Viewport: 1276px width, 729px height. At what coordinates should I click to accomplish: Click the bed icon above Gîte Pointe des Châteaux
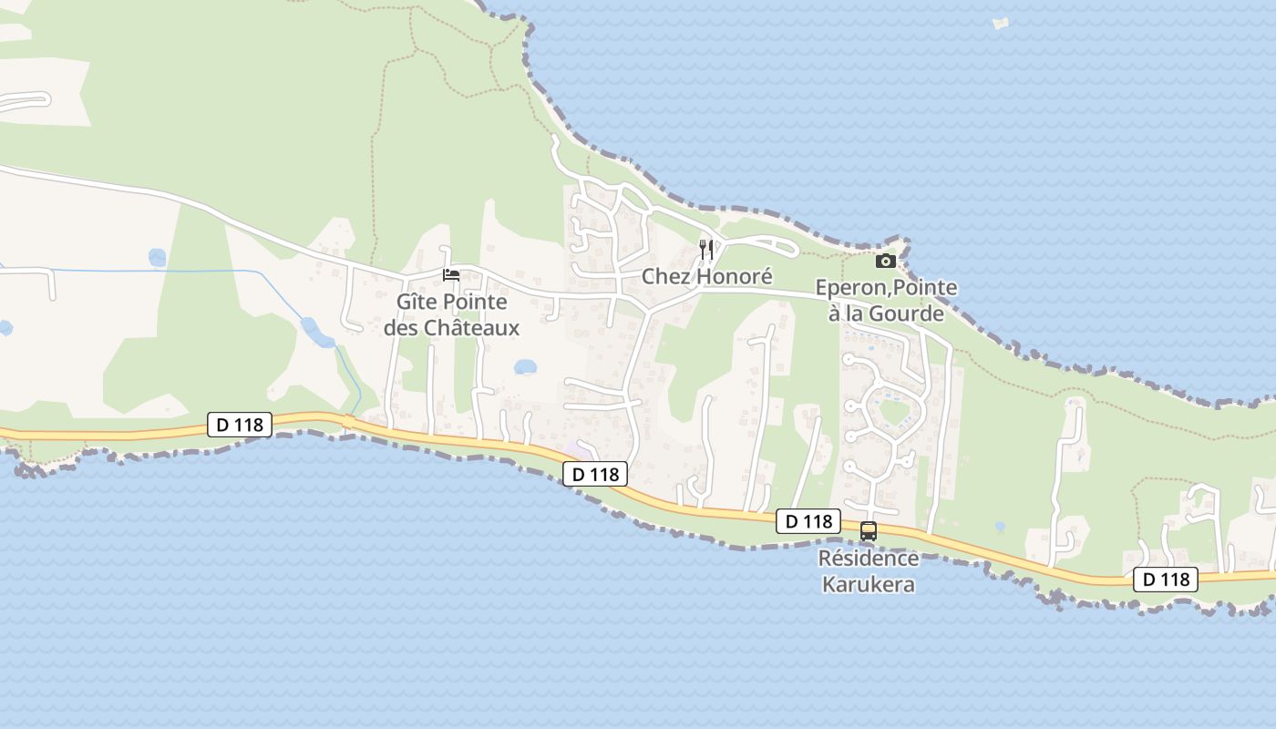tap(451, 274)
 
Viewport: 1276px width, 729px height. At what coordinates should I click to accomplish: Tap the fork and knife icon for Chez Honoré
tap(705, 249)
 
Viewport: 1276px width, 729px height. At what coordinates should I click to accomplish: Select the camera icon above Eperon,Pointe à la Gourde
tap(885, 262)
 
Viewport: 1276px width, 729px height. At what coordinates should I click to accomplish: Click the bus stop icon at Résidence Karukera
tap(869, 530)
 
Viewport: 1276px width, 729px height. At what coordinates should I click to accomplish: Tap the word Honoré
tap(732, 276)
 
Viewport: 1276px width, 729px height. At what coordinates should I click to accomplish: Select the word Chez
tap(664, 276)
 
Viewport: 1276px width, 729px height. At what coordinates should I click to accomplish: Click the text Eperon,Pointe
tap(886, 288)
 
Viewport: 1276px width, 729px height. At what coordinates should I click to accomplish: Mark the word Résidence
tap(868, 558)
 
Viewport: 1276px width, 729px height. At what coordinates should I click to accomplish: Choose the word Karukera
tap(868, 584)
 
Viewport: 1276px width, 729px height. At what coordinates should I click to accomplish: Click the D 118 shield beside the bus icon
tap(808, 521)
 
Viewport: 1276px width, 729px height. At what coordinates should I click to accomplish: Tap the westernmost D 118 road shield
tap(240, 424)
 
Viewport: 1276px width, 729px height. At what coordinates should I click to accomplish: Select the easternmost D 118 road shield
tap(1165, 579)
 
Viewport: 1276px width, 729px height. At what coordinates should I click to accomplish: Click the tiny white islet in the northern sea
tap(1001, 23)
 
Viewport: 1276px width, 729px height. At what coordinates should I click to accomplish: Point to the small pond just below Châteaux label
tap(525, 367)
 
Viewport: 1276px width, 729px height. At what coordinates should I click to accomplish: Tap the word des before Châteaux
tap(402, 327)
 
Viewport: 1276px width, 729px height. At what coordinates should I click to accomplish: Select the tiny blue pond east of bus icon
tap(1000, 527)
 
